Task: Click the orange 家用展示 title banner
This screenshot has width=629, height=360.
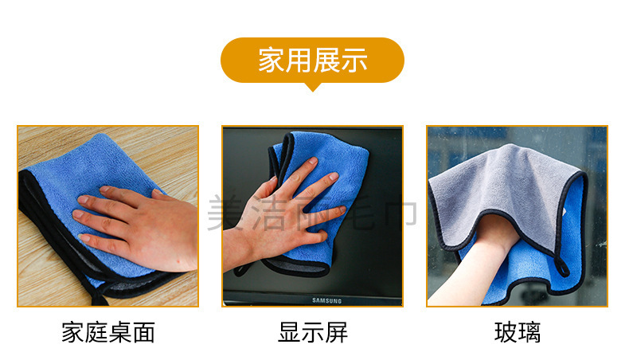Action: (x=312, y=60)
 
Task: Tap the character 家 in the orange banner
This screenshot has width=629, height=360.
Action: (x=271, y=61)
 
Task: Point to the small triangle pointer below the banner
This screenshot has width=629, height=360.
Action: (x=312, y=87)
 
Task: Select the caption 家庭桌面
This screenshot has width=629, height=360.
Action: (x=108, y=332)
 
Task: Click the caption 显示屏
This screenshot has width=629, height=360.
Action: (x=313, y=332)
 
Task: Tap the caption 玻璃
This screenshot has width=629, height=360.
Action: (x=518, y=332)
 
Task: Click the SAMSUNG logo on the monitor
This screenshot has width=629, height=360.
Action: (x=325, y=300)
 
